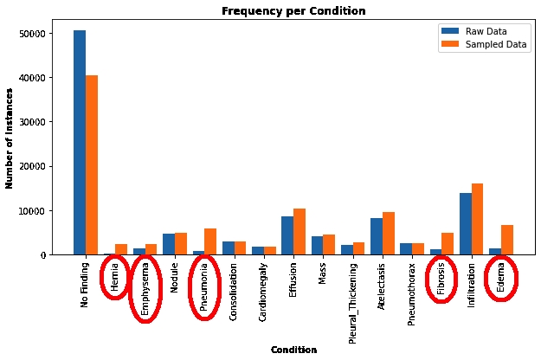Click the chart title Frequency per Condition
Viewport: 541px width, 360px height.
point(293,11)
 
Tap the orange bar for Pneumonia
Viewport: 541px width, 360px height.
point(210,241)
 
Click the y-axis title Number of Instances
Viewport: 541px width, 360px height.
point(10,138)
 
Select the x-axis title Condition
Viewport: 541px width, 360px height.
point(293,350)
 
